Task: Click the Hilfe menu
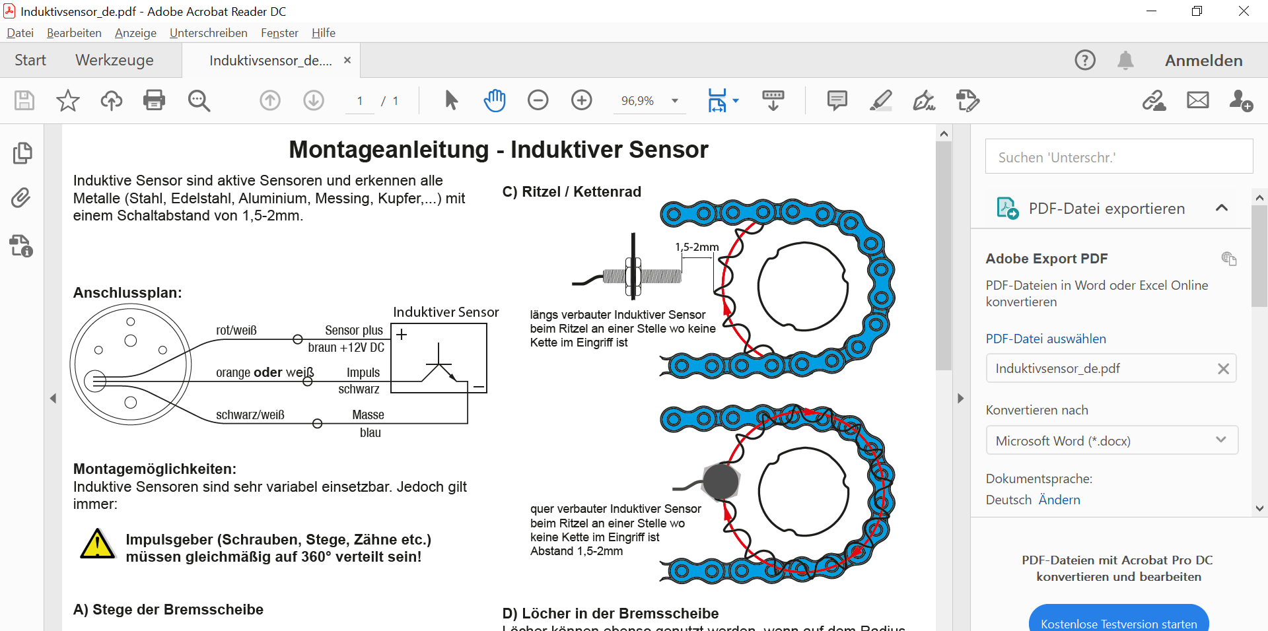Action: tap(323, 33)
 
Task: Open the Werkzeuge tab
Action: tap(114, 60)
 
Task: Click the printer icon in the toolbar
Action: tap(154, 100)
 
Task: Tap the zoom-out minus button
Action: tap(538, 100)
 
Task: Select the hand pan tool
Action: tap(494, 100)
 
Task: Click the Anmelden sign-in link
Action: tap(1203, 61)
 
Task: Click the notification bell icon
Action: tap(1125, 61)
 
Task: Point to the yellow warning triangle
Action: tap(97, 545)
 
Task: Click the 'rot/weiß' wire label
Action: tap(236, 330)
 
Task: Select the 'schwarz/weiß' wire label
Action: tap(250, 415)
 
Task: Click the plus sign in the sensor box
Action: tap(402, 334)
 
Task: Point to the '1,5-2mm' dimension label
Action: tap(697, 247)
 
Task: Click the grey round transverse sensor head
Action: tap(721, 481)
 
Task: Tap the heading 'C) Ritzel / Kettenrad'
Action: tap(571, 192)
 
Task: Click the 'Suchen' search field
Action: tap(1119, 157)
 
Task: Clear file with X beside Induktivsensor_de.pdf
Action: tap(1223, 369)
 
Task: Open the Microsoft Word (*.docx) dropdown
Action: tap(1111, 441)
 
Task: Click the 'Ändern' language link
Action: tap(1059, 500)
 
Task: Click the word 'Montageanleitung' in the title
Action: tap(388, 150)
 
